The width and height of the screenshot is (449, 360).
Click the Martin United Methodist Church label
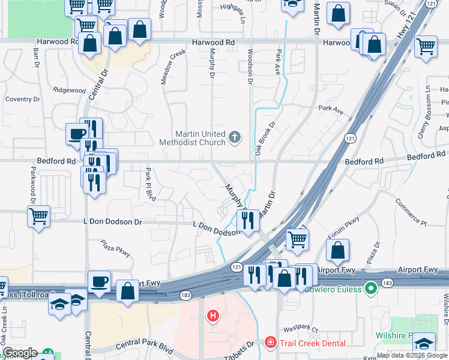click(x=192, y=138)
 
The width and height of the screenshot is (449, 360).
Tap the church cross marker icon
click(x=234, y=138)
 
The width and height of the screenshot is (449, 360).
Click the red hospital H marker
click(x=212, y=316)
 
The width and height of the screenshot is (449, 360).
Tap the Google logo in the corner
click(x=20, y=353)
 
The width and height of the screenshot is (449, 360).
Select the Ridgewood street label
click(x=70, y=90)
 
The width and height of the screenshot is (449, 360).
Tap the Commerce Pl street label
click(x=411, y=222)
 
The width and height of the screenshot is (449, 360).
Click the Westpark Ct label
click(x=300, y=329)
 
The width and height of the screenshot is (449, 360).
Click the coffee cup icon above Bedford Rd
click(x=76, y=133)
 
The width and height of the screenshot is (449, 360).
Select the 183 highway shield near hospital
click(x=186, y=295)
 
